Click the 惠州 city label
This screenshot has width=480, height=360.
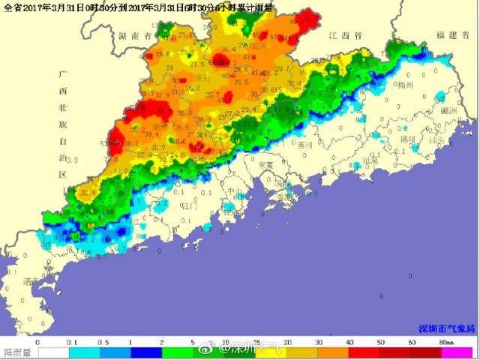point(304,145)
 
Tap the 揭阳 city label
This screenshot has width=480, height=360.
point(407,139)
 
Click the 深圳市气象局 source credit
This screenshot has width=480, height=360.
point(446,328)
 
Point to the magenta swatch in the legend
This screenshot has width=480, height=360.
point(457,351)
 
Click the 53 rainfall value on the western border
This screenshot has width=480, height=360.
point(113,137)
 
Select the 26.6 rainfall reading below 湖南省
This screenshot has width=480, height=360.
point(163,54)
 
